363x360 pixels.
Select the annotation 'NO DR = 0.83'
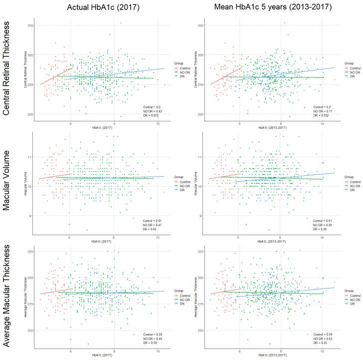153,111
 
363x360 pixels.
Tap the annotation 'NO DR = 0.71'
324,111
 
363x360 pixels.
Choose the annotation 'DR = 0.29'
322,229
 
